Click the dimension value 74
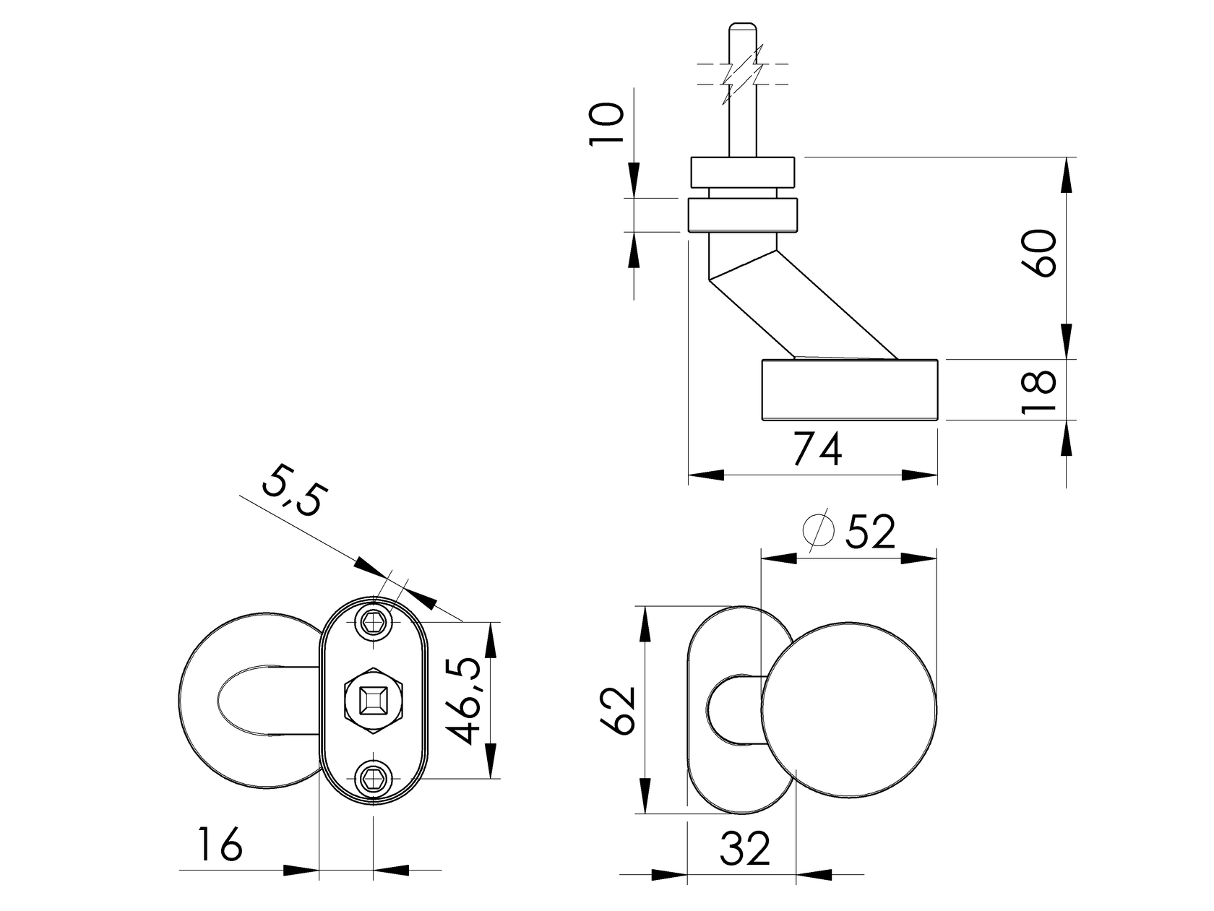coord(817,451)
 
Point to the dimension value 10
coord(606,124)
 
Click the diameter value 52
coord(870,532)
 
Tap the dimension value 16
coord(220,845)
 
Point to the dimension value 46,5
coord(465,701)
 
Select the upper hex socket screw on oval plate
coord(374,622)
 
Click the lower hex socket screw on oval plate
coord(374,779)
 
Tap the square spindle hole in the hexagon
coord(374,701)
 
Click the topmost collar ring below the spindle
coord(743,171)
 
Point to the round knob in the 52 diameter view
coord(851,709)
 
